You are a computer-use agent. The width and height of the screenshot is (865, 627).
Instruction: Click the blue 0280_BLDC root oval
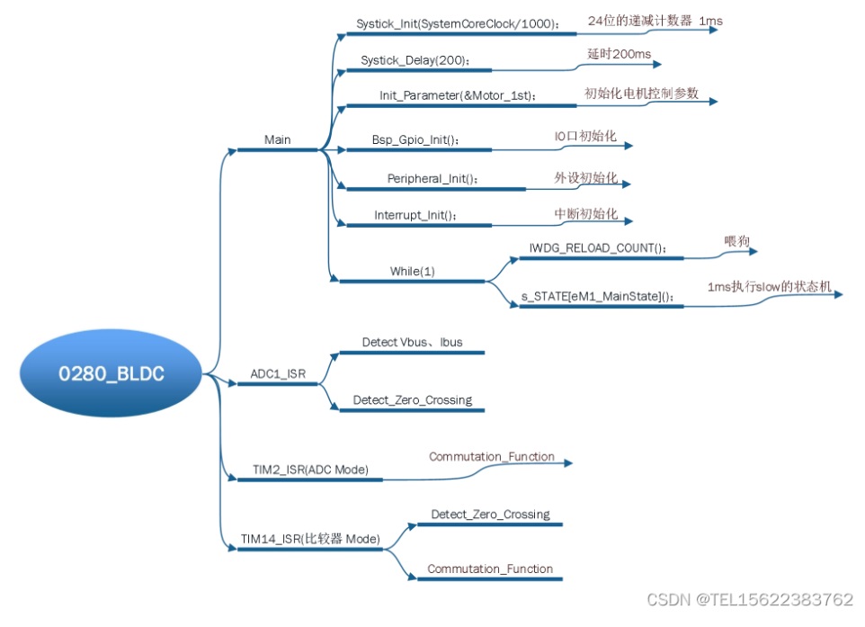pos(112,374)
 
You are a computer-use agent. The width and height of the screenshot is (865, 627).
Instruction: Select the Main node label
pos(278,139)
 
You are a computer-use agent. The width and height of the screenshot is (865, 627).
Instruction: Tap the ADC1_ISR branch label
pos(278,373)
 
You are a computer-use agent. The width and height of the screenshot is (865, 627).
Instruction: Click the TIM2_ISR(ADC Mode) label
pos(310,469)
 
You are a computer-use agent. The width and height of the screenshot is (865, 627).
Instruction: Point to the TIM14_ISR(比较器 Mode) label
pos(310,539)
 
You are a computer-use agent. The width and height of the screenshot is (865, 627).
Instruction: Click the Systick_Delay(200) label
pos(415,60)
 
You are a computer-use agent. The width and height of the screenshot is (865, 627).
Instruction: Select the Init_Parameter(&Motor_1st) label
pos(458,95)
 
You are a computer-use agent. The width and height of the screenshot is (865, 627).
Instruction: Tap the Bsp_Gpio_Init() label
pos(415,140)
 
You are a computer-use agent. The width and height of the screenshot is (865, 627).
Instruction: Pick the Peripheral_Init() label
pos(433,178)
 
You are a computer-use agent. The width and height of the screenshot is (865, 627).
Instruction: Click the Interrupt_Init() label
pos(416,215)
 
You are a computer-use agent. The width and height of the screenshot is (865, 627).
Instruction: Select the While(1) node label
pos(413,271)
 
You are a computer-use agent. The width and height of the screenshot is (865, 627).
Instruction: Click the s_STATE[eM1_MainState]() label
pos(598,296)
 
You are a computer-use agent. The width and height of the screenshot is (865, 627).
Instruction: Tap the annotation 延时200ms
pos(619,55)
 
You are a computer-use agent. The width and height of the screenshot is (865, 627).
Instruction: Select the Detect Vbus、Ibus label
pos(412,343)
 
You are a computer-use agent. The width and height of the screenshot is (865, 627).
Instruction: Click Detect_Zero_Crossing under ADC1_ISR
pos(412,399)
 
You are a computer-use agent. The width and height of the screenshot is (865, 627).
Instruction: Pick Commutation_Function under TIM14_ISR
pos(490,569)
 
